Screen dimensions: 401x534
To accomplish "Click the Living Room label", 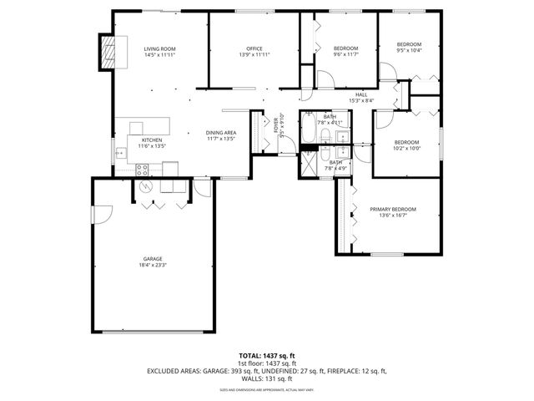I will (159, 49).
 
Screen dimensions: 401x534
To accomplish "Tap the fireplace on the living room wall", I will (108, 54).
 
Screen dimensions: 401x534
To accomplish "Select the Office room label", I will (254, 49).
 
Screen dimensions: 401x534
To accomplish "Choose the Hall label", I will (361, 94).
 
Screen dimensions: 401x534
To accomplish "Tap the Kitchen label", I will (151, 140).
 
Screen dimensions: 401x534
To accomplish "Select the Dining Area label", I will (221, 133).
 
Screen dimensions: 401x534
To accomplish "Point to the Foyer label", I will (276, 125).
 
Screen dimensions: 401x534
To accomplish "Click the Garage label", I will (152, 259).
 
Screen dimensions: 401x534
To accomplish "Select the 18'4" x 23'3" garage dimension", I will (152, 266).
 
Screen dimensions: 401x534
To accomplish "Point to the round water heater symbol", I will (144, 185).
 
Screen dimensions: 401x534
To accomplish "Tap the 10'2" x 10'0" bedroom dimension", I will (408, 148).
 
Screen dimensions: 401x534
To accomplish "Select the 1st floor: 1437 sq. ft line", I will (267, 363).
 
